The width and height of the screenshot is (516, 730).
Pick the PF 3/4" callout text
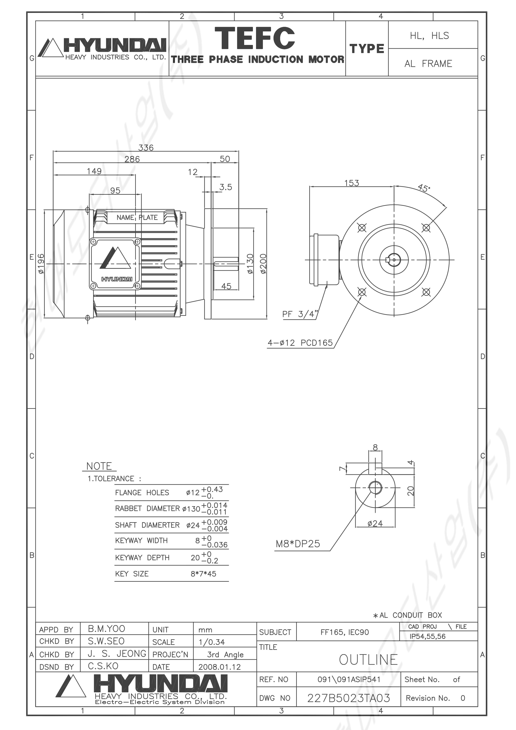300,314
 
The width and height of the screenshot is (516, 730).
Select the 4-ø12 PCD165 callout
300,343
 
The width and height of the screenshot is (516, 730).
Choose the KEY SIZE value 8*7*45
203,574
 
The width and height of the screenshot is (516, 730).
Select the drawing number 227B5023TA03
348,698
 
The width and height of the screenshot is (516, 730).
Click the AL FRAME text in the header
428,64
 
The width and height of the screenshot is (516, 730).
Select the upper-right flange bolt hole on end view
426,228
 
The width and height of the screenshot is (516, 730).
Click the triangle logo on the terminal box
115,258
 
